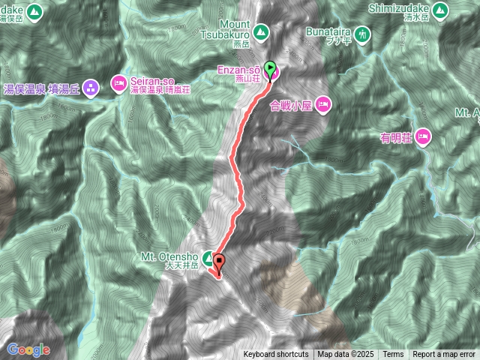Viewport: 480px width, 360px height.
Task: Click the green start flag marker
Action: point(270,67)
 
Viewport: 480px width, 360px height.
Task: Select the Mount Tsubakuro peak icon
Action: point(260,32)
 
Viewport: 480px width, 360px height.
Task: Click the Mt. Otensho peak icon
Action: point(208,256)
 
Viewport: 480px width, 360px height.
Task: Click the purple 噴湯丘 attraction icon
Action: point(91,88)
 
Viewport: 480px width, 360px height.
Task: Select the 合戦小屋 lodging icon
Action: point(323,103)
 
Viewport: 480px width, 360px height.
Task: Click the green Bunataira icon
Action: point(363,34)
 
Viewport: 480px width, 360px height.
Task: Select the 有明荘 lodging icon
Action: point(424,136)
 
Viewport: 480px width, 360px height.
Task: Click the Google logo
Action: point(28,349)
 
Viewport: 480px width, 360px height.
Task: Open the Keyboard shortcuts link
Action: point(275,355)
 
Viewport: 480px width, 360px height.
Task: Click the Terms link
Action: point(393,355)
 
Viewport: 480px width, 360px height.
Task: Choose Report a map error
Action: point(444,355)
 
